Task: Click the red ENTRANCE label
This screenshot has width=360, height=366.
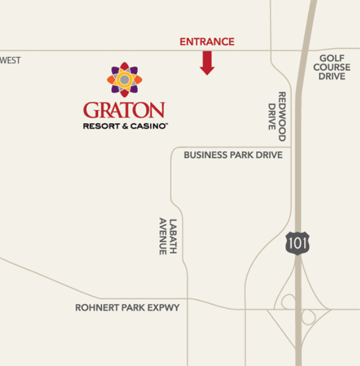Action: pos(207,42)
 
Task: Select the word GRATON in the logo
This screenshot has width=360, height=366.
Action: pos(124,110)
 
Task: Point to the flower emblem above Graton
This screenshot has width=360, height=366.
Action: pos(124,80)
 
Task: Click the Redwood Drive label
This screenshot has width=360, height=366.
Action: pos(277,116)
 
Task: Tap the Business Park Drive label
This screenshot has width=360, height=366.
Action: pos(233,155)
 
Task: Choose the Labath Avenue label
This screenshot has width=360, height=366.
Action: pos(168,236)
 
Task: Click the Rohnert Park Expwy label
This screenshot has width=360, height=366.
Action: pos(127,308)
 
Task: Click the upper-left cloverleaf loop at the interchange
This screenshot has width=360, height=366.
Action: pos(288,302)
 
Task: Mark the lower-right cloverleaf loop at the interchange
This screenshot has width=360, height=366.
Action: pos(308,317)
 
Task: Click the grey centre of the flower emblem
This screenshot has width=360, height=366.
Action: pos(124,80)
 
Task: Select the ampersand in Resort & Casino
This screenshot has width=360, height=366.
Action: pos(124,126)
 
